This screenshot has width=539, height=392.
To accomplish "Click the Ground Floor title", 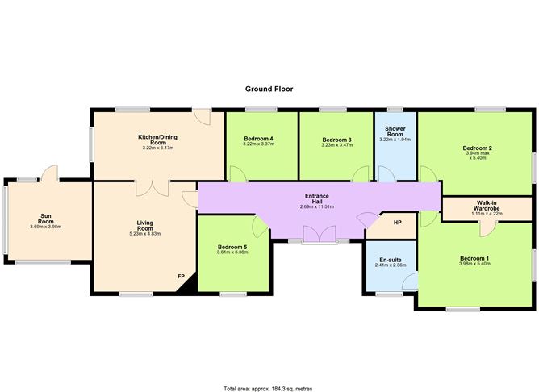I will tap(269, 89).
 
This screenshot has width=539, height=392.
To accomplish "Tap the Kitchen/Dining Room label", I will tap(158, 140).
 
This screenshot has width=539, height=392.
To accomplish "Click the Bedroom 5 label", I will tap(233, 247).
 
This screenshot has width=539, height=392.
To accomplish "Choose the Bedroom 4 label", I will tap(258, 140).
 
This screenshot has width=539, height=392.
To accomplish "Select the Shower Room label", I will tap(395, 131).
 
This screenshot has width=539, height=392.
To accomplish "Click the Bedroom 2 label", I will tap(477, 148).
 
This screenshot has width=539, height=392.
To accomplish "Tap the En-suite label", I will tap(391, 261).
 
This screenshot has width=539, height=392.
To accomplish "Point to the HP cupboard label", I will tap(397, 223).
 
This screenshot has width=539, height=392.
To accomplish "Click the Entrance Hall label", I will tap(316, 198).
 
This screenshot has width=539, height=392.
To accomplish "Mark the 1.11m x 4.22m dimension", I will tap(486, 215).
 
